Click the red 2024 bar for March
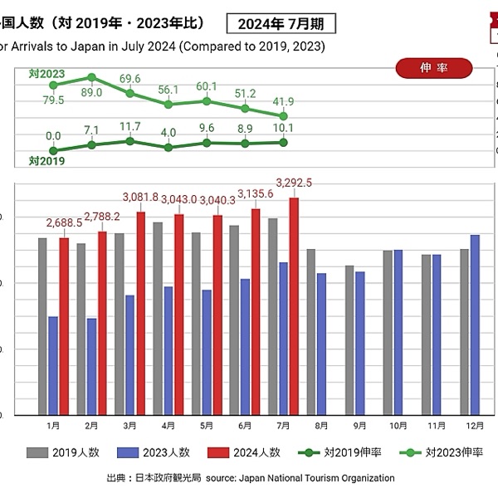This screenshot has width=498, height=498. pyautogui.click(x=140, y=313)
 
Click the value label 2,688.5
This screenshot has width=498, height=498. pyautogui.click(x=63, y=222)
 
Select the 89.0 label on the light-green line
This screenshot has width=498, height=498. pyautogui.click(x=93, y=93)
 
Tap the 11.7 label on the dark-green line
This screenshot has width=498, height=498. pyautogui.click(x=130, y=127)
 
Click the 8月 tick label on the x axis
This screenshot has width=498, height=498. pyautogui.click(x=321, y=425)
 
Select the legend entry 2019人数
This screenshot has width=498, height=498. pyautogui.click(x=63, y=453)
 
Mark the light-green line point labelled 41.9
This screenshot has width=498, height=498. pyautogui.click(x=284, y=116)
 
